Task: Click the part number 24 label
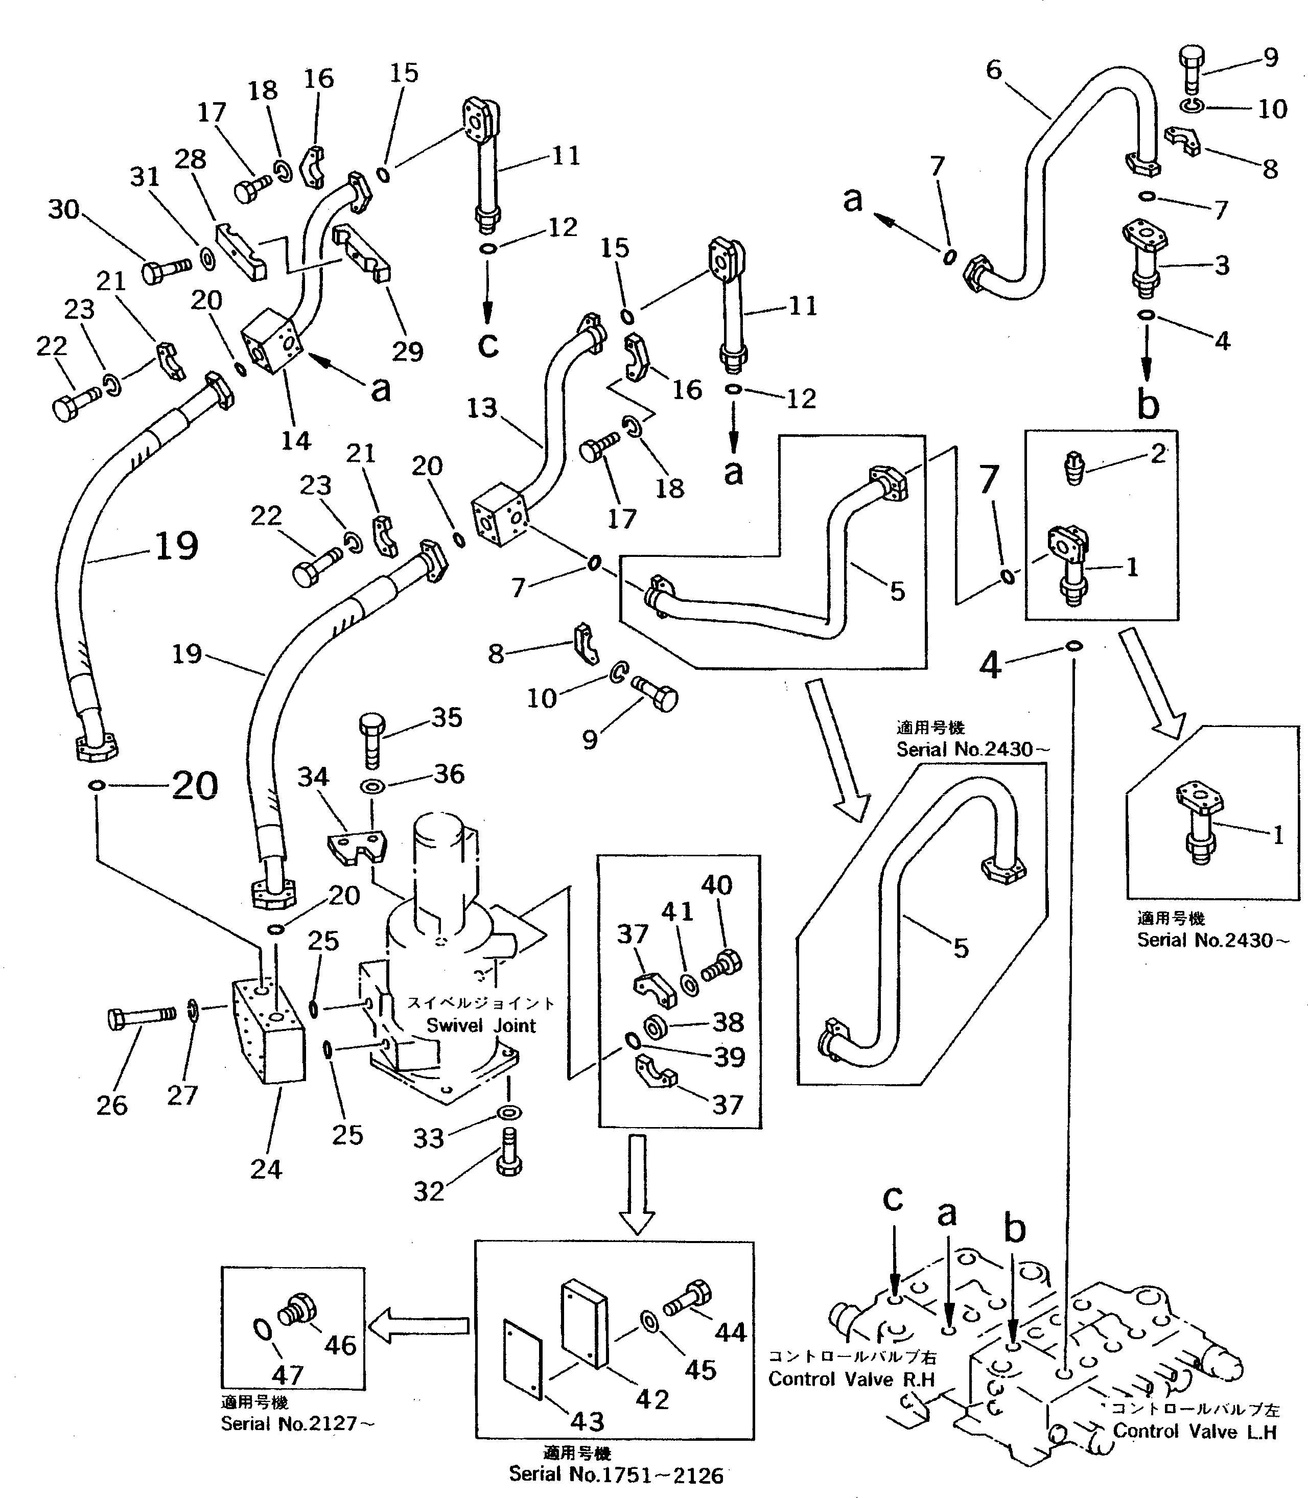tap(266, 1169)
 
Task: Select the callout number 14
tap(296, 440)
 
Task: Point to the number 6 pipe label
tap(994, 70)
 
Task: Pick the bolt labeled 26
tap(141, 1016)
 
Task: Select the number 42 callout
tap(652, 1399)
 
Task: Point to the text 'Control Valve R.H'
tap(851, 1379)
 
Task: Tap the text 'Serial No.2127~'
tap(297, 1423)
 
